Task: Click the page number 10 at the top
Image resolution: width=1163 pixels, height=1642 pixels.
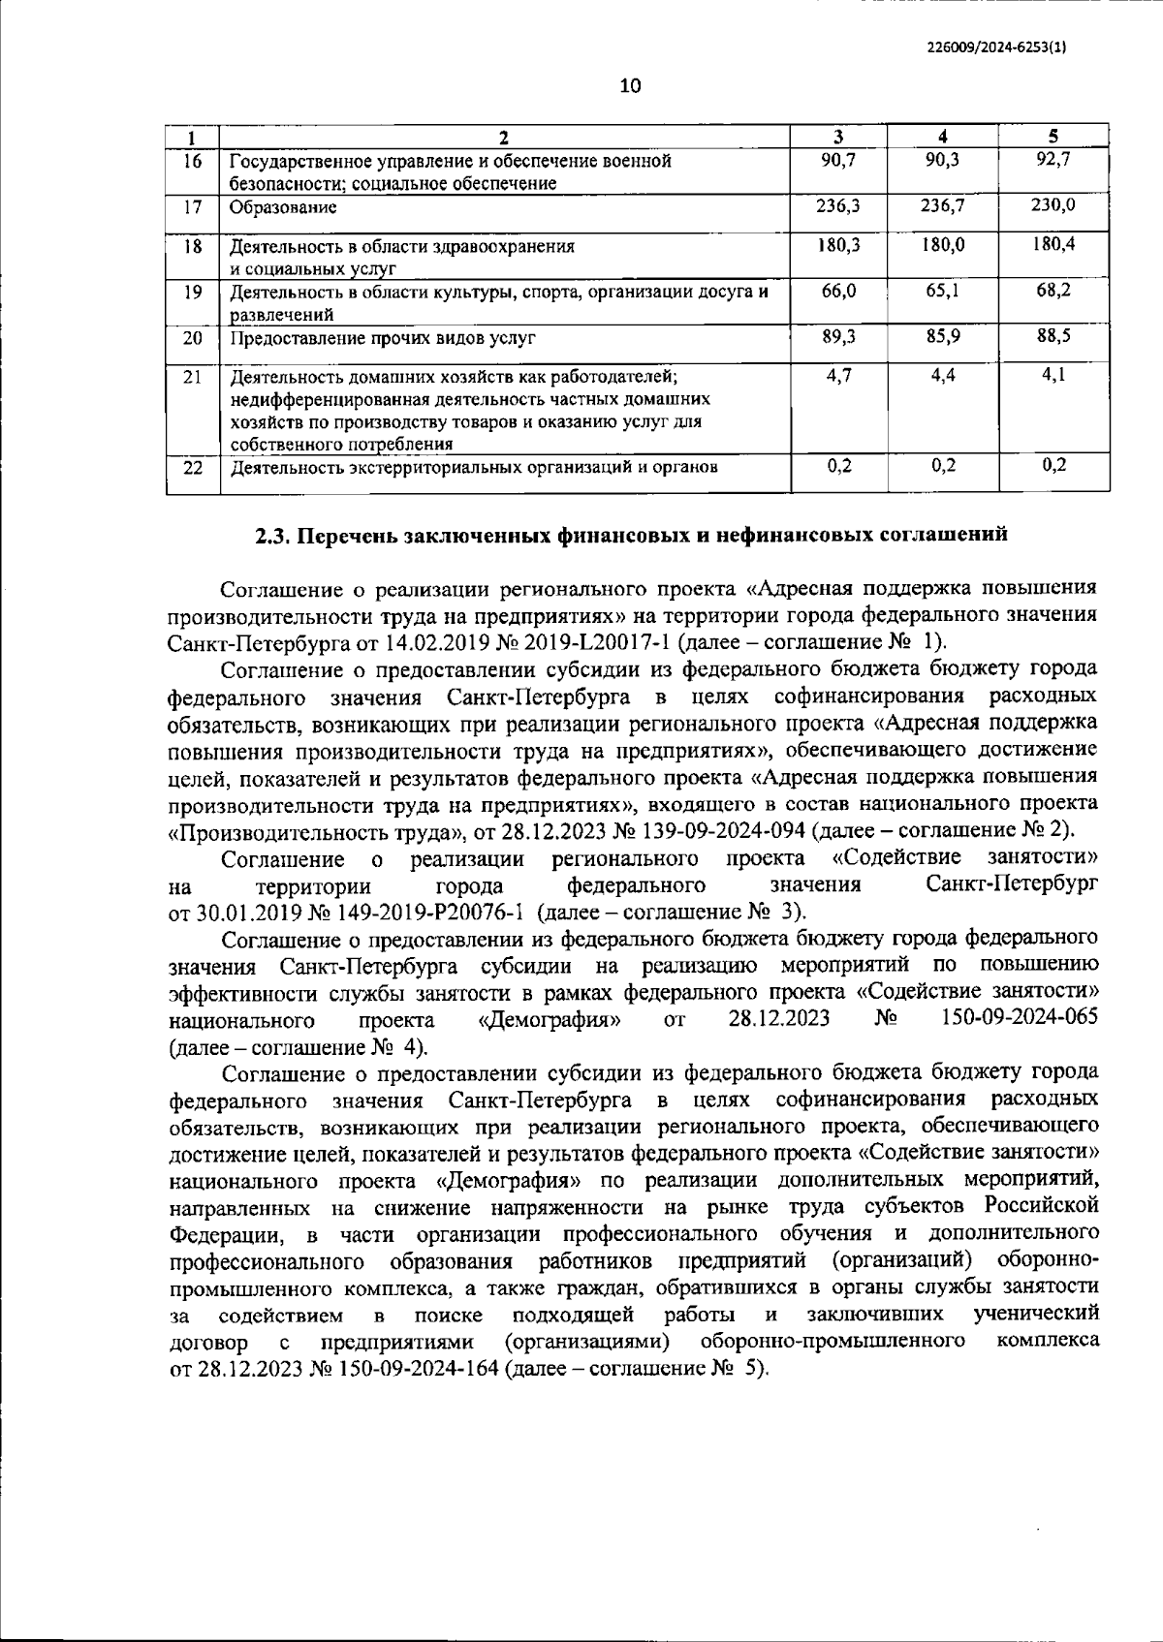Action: point(630,86)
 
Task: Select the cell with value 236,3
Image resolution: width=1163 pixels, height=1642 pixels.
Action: point(839,205)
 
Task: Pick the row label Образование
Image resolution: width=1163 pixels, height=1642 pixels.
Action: point(283,207)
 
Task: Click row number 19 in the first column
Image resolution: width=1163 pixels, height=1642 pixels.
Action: point(193,291)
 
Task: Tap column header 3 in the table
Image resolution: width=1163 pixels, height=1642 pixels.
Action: point(839,137)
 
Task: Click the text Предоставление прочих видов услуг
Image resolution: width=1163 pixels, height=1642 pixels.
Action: point(382,338)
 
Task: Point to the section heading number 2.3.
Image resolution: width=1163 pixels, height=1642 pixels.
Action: point(273,535)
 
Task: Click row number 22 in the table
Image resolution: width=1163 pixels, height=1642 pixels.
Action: point(193,468)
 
